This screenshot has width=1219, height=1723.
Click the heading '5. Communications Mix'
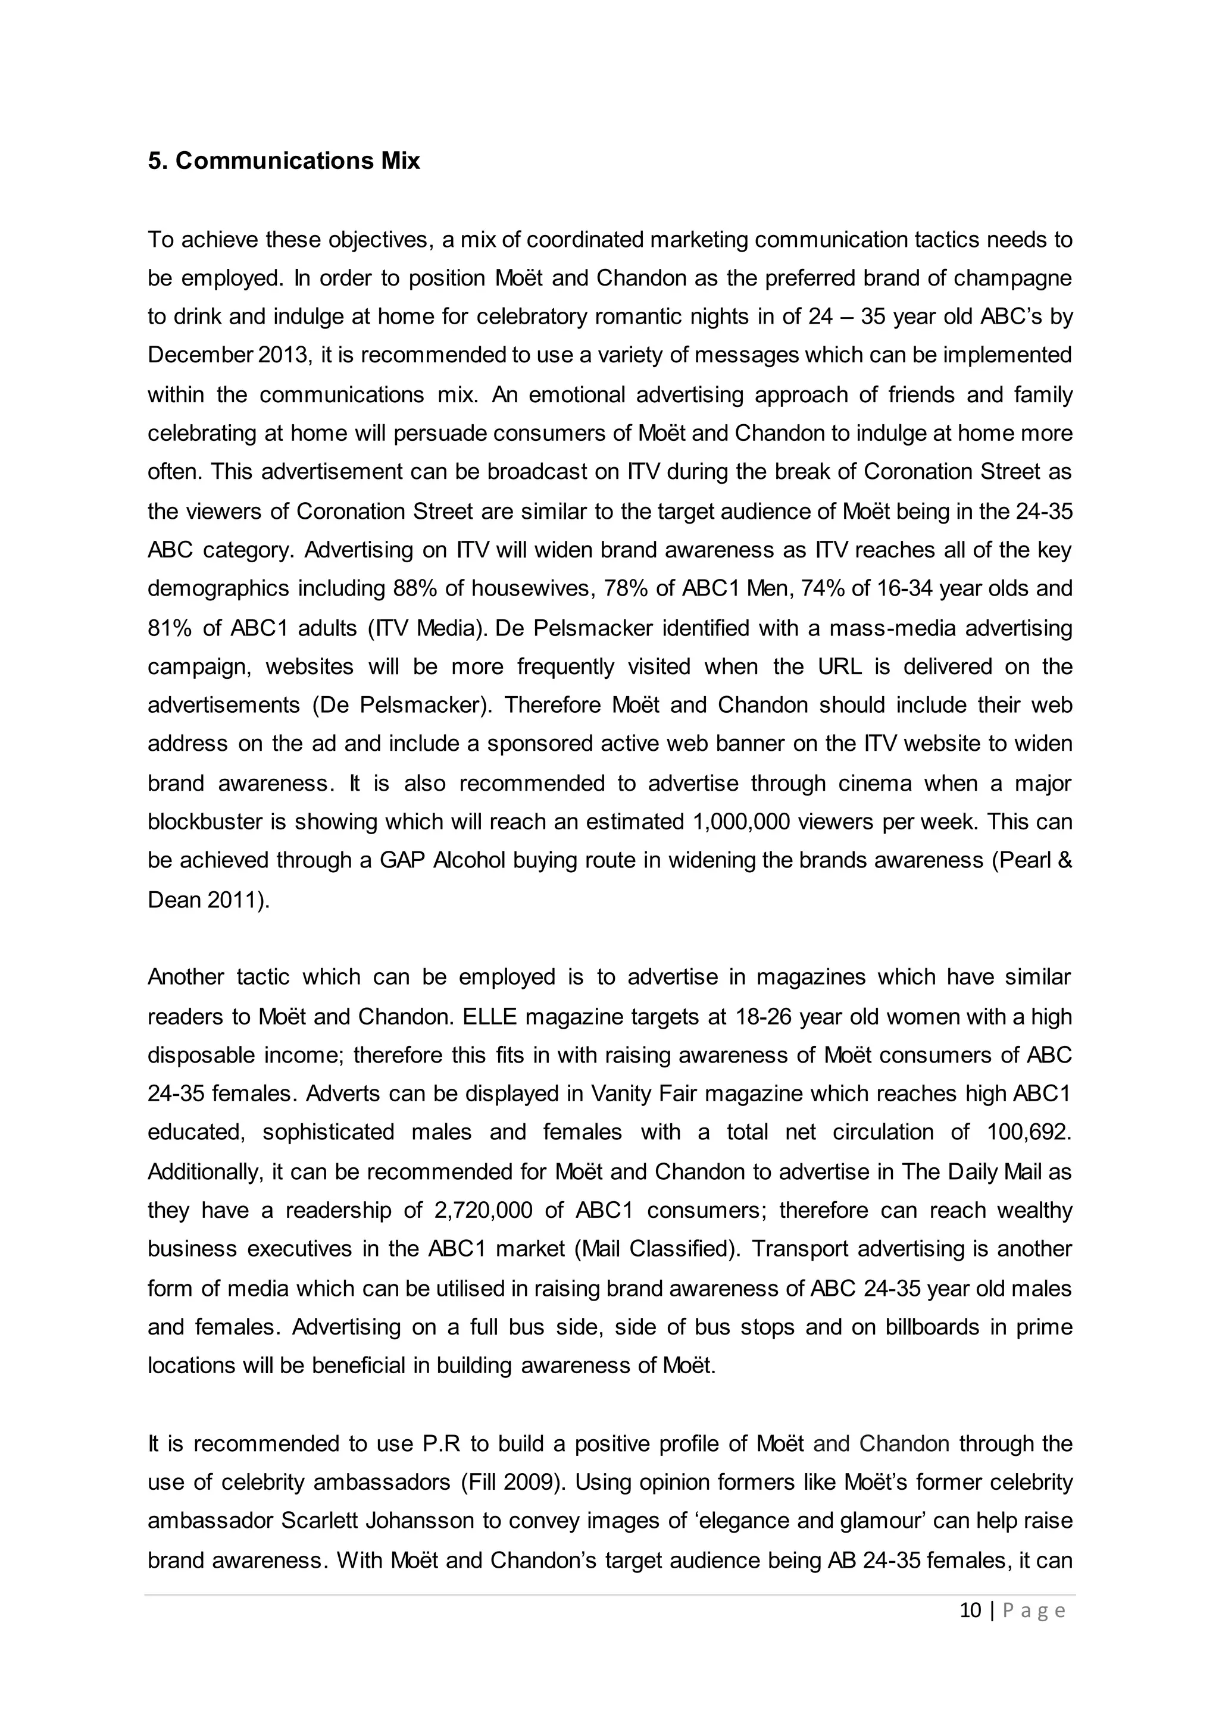[x=284, y=161]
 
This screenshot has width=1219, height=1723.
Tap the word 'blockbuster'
[x=204, y=822]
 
